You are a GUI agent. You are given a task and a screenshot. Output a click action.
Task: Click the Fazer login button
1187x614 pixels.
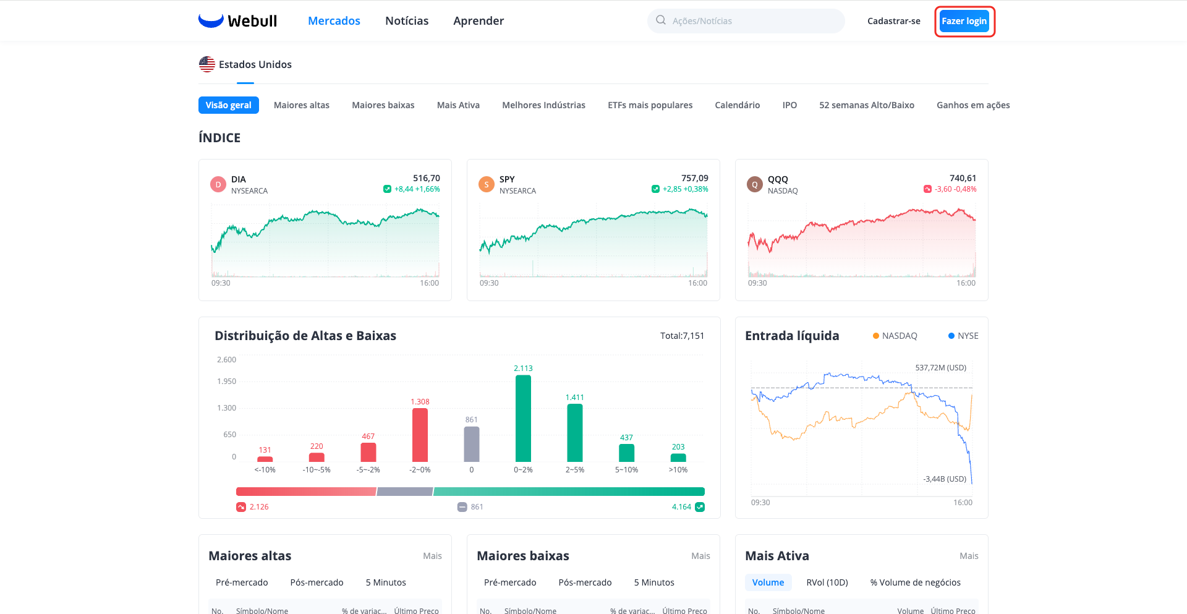pyautogui.click(x=964, y=21)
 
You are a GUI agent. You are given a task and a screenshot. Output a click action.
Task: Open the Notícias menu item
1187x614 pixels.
pyautogui.click(x=407, y=21)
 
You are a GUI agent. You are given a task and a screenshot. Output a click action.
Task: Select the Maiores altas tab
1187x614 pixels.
pyautogui.click(x=302, y=105)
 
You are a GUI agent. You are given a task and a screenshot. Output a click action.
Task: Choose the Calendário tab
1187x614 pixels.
pyautogui.click(x=738, y=105)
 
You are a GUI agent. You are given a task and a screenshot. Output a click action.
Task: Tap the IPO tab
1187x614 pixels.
pyautogui.click(x=789, y=105)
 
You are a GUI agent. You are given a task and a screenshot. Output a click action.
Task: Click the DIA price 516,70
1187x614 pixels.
pyautogui.click(x=427, y=178)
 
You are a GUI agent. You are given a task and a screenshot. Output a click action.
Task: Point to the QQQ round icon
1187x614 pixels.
pyautogui.click(x=755, y=184)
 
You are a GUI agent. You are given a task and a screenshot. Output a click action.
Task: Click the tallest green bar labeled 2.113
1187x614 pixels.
pyautogui.click(x=523, y=419)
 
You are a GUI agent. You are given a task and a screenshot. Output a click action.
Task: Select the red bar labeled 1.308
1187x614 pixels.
pyautogui.click(x=420, y=435)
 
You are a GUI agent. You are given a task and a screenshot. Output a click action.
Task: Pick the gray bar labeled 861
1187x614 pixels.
pyautogui.click(x=472, y=444)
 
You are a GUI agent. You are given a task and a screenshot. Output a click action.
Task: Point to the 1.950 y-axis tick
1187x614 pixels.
pyautogui.click(x=226, y=382)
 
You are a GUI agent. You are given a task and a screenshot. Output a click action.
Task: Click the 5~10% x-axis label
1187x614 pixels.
pyautogui.click(x=626, y=470)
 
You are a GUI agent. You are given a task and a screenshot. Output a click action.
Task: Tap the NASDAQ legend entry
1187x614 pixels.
pyautogui.click(x=895, y=336)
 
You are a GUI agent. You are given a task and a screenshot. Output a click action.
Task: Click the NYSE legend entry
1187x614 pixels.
pyautogui.click(x=963, y=336)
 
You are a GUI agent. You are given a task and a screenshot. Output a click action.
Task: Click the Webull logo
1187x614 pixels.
pyautogui.click(x=238, y=21)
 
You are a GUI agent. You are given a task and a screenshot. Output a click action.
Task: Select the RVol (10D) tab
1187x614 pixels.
pyautogui.click(x=827, y=582)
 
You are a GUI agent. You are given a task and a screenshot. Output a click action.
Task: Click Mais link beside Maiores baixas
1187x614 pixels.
pyautogui.click(x=700, y=556)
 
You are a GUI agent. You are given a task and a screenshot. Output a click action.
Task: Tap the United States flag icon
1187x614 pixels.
pyautogui.click(x=207, y=64)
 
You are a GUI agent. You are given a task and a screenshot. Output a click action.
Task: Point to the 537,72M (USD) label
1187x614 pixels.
pyautogui.click(x=940, y=368)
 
